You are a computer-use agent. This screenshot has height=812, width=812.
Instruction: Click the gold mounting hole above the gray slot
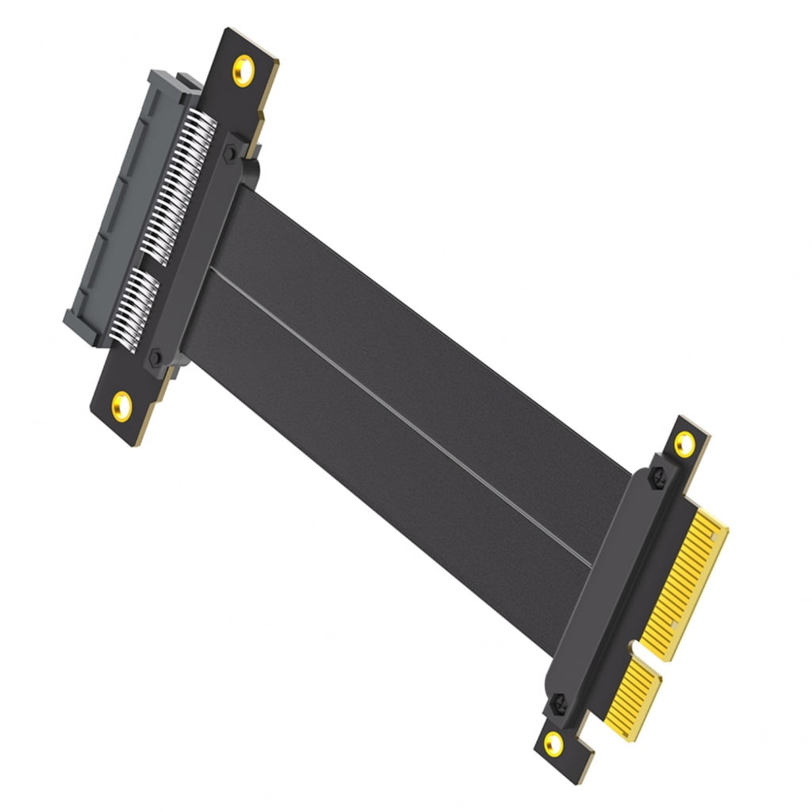point(243,71)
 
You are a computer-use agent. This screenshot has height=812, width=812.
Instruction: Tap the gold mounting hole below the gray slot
point(121,404)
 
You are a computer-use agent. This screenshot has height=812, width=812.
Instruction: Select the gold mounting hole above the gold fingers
point(684,444)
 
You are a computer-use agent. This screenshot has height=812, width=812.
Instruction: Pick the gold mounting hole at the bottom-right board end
point(553,743)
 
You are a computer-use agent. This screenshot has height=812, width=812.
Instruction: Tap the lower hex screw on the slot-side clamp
point(155,358)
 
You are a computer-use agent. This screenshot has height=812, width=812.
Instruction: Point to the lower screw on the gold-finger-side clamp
point(559,702)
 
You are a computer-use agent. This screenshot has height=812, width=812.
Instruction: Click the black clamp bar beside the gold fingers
point(611,587)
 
